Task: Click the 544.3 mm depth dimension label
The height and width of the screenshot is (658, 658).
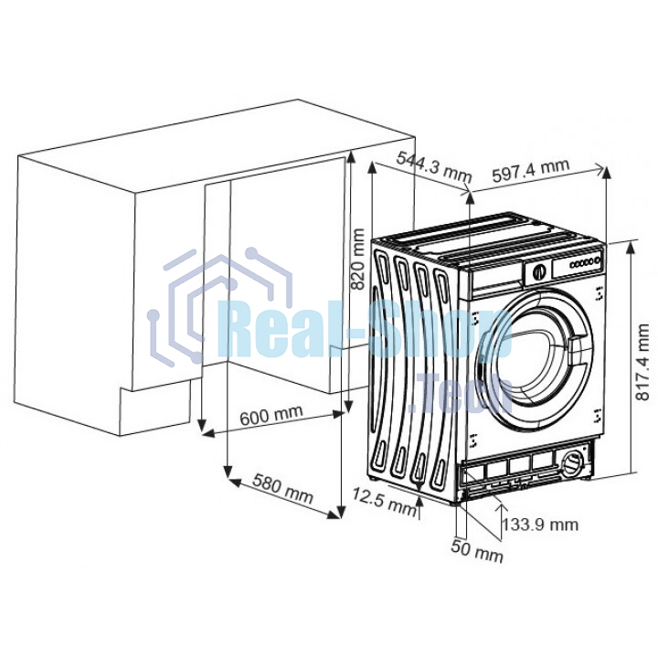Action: coord(434,166)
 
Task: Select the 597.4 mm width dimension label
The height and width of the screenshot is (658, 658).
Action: coord(530,170)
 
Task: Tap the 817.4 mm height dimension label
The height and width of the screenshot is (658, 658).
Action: coord(642,362)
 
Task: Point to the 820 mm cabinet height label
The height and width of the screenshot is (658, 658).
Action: coord(357,259)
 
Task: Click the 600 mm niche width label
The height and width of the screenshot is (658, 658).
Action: coord(271,415)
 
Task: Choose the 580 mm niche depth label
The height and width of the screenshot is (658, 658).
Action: coord(282,488)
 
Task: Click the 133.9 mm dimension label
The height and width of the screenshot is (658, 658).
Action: coord(540,525)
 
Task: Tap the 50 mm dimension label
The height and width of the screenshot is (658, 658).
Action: coord(477,550)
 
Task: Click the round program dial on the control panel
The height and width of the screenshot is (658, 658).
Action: coord(538,272)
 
